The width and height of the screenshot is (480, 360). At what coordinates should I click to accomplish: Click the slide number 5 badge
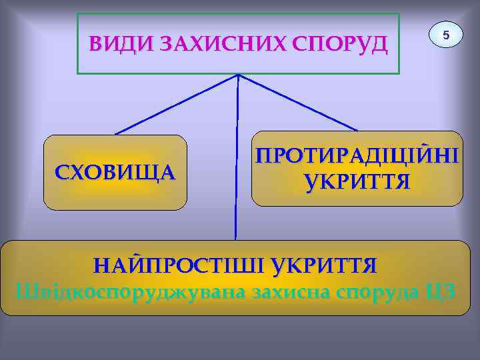tap(447, 34)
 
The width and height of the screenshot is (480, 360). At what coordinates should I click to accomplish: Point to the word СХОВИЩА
tap(115, 172)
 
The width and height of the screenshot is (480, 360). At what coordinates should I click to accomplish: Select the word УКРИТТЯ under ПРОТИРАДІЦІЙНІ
tap(357, 181)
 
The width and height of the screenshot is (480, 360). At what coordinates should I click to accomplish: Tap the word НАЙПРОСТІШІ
tap(180, 266)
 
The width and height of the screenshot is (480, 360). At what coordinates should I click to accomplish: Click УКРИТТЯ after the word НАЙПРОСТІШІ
tap(324, 266)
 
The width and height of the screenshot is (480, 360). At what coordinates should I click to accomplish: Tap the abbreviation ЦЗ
tap(439, 291)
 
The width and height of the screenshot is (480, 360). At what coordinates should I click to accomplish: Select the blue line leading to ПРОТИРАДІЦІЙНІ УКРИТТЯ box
tap(298, 102)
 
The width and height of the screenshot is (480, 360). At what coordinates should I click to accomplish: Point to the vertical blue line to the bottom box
tap(236, 160)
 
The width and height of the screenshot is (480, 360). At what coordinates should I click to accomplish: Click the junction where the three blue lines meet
tap(238, 75)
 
